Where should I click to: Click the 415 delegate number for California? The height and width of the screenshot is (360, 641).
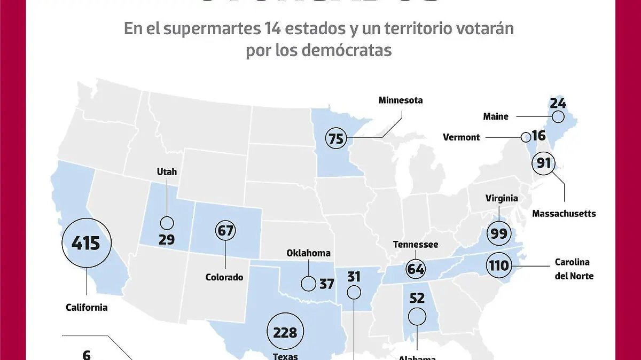pos(86,244)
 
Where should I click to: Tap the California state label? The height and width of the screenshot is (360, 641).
pos(87,307)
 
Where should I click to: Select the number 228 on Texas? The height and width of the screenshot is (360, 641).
pos(285,332)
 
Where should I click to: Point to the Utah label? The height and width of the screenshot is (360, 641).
pos(167,172)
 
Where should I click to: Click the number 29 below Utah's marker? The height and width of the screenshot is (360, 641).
pos(167,239)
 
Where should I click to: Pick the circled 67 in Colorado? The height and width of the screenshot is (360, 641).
pos(225,231)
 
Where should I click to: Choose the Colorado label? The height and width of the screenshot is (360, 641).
pos(224,277)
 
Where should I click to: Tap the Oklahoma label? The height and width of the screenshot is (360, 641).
pos(308,253)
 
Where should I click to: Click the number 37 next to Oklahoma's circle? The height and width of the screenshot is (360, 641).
pos(326,284)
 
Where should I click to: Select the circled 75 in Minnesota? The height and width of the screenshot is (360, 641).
pos(335,139)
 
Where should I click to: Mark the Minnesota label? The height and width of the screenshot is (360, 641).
pos(401,100)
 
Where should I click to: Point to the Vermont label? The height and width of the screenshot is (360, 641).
pos(462,137)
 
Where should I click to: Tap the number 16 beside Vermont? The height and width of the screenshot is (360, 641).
pos(538,136)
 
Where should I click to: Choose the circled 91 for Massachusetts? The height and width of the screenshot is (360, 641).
pos(544,163)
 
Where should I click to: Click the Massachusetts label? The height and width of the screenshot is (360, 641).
pos(564,214)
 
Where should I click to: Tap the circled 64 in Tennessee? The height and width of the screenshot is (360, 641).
pos(416,268)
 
